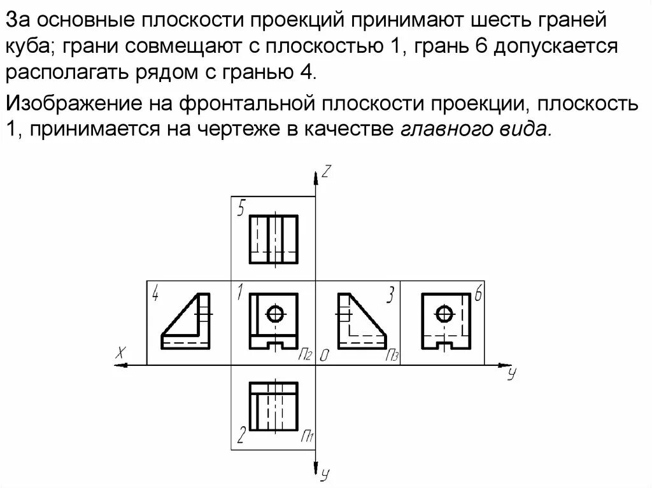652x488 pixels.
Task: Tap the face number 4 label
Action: (155, 293)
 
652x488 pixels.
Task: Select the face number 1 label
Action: (239, 292)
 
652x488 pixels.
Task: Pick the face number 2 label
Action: (241, 436)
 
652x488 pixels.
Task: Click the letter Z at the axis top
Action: (326, 171)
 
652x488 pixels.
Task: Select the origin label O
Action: (323, 356)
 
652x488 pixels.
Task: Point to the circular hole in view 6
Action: (444, 313)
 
